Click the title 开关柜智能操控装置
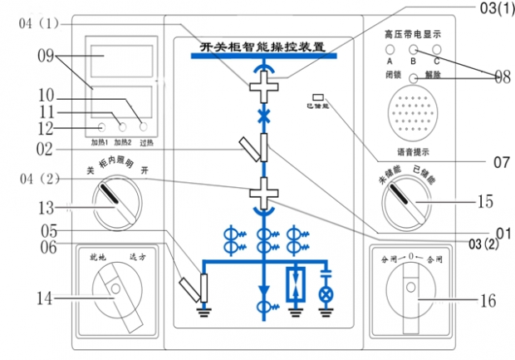tap(263, 46)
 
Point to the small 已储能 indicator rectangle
tap(317, 98)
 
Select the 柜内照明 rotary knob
tap(117, 204)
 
